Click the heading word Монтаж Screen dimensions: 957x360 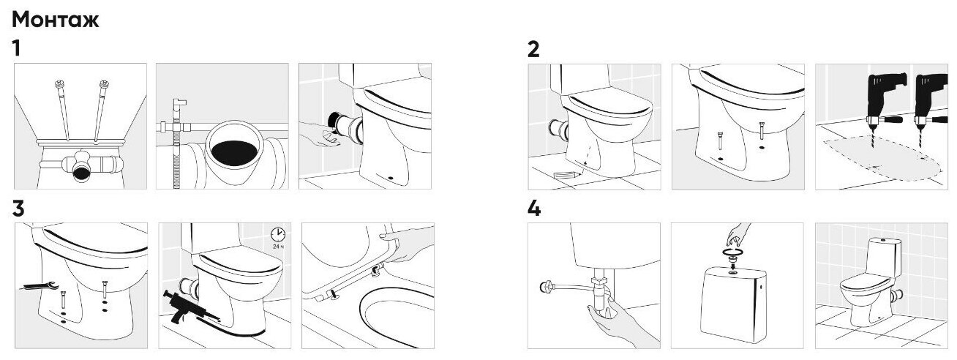[x=55, y=20]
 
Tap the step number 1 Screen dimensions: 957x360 [x=16, y=48]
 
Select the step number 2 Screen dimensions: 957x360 [x=533, y=49]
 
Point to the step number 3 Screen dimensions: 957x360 [x=18, y=209]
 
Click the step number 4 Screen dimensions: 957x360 [x=534, y=209]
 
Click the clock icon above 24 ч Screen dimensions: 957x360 [x=278, y=234]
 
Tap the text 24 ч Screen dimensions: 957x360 [x=278, y=247]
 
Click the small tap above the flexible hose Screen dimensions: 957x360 [x=179, y=105]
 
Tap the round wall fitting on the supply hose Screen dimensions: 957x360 [x=546, y=286]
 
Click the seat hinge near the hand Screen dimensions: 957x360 [x=376, y=270]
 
